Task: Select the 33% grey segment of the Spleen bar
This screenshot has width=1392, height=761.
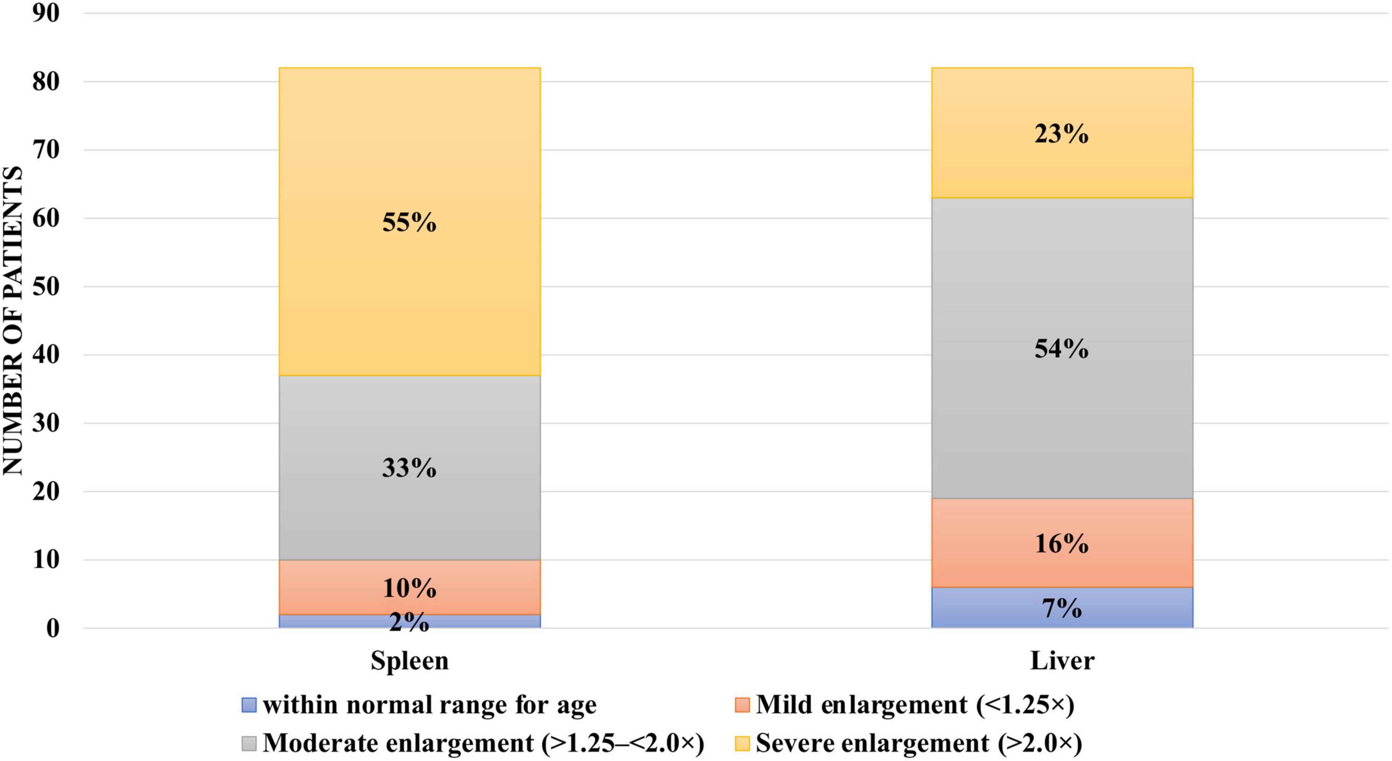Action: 409,468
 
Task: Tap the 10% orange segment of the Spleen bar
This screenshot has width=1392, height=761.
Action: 409,588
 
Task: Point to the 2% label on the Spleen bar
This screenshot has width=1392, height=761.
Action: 409,623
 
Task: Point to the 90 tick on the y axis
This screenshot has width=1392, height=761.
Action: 45,13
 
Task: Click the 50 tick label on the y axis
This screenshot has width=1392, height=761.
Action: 45,286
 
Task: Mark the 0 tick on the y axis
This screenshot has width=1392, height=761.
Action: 52,628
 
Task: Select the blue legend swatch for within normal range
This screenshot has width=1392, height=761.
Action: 249,705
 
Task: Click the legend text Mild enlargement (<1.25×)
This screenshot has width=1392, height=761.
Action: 914,705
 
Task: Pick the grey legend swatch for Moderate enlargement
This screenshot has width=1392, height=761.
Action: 249,744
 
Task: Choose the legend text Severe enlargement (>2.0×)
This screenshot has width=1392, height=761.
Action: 919,744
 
